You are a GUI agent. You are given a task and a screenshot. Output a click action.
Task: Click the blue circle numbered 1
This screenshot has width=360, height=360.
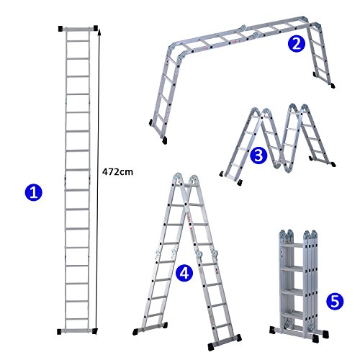click(x=34, y=193)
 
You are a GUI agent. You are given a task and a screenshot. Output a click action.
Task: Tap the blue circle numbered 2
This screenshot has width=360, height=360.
click(x=297, y=44)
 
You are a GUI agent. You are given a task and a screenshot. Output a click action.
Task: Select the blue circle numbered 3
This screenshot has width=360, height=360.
click(x=258, y=156)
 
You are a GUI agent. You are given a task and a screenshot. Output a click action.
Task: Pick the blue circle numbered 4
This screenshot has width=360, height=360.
click(x=184, y=274)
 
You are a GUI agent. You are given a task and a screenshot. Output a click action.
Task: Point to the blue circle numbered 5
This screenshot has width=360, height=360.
click(x=335, y=301)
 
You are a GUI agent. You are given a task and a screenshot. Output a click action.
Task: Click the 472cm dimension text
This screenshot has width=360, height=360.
click(x=117, y=172)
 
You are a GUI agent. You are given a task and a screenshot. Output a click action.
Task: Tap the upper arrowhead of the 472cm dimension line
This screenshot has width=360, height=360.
click(x=99, y=32)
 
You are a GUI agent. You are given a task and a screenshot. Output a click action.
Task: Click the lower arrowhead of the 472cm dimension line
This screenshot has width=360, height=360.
click(x=95, y=331)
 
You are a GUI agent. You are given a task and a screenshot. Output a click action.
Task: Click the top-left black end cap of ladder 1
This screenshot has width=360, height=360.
click(x=60, y=29)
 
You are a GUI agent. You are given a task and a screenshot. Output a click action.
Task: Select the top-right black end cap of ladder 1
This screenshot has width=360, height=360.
click(x=96, y=28)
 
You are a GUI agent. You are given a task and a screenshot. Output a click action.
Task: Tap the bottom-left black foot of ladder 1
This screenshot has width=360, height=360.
click(x=59, y=332)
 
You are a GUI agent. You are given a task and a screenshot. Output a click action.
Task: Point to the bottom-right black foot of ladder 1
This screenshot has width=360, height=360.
click(x=94, y=331)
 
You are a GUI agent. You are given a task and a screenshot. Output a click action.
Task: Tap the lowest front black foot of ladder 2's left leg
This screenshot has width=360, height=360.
click(x=164, y=140)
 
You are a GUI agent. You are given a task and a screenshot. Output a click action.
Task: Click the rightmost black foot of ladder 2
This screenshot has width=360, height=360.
click(x=333, y=86)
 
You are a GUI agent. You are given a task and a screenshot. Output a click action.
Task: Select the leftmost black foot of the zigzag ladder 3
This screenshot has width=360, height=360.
click(x=222, y=174)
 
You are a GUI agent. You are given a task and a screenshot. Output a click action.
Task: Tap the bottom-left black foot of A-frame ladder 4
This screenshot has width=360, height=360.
click(x=135, y=332)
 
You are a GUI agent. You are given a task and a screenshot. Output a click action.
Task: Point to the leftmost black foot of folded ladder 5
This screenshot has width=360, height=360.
click(x=272, y=330)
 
